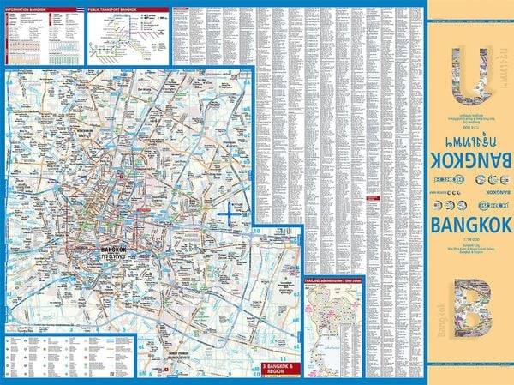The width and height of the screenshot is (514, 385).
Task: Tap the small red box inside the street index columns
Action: pyautogui.click(x=373, y=203)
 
